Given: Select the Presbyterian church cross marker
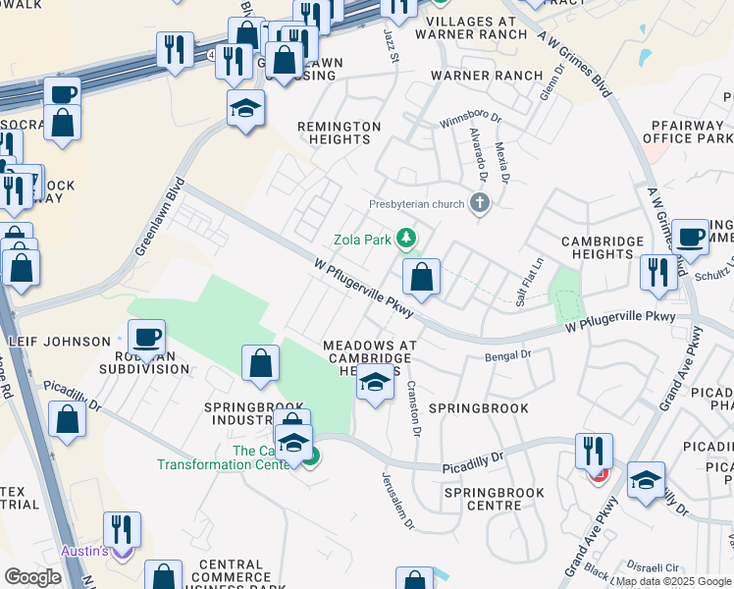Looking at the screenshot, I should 480,204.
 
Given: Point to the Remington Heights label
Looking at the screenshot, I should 339,133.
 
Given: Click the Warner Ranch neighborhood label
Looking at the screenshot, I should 487,76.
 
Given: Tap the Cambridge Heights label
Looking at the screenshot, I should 603,247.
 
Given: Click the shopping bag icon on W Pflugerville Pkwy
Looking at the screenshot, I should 422,278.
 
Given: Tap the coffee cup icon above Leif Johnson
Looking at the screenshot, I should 147,338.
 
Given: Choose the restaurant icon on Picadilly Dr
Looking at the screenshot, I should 594,451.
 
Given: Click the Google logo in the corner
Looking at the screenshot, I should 33,577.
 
